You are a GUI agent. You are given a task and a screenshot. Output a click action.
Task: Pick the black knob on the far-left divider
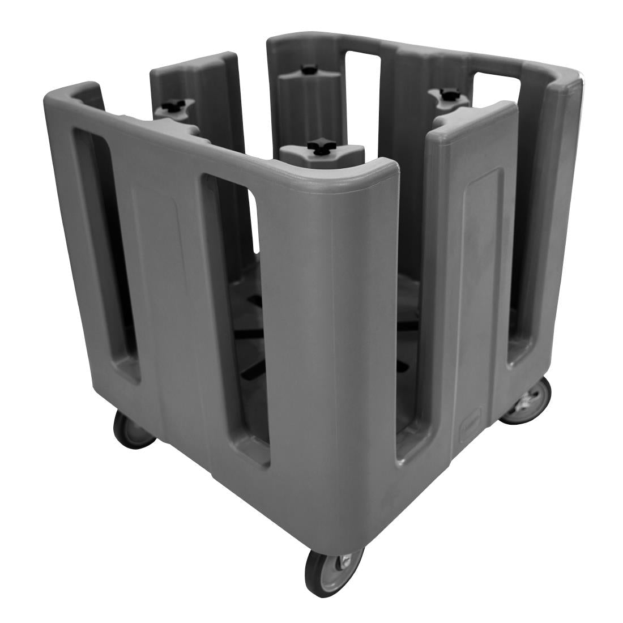170,105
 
